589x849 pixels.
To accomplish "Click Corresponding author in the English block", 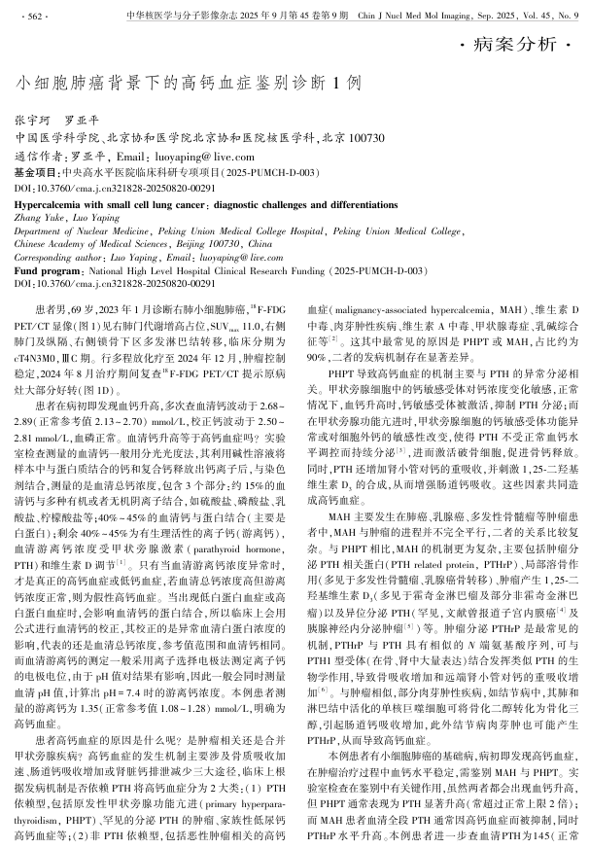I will point(58,258).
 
